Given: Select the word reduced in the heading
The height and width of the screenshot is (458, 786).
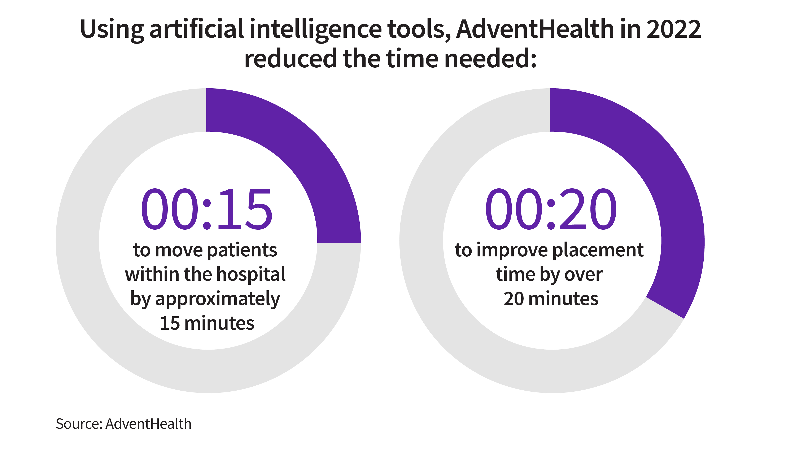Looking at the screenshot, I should tap(290, 59).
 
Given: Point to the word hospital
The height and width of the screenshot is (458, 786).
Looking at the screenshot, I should tap(251, 274).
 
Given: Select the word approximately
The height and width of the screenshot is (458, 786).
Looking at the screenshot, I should tap(218, 299).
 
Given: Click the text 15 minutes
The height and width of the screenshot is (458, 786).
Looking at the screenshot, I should tap(207, 323).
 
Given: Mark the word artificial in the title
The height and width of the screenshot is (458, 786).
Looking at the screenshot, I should tap(197, 29).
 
